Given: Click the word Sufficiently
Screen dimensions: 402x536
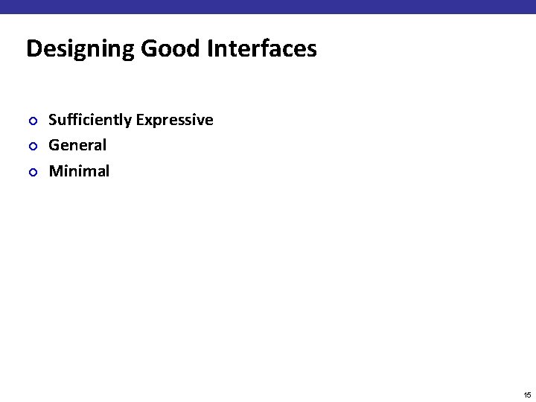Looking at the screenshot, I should [90, 120].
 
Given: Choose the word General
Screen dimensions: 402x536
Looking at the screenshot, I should [77, 145].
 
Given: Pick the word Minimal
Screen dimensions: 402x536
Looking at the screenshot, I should [79, 171].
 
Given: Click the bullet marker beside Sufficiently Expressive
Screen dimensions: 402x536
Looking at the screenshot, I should [31, 121].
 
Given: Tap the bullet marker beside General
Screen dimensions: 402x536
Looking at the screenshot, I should [31, 146].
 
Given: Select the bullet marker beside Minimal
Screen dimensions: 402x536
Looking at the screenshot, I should [31, 172].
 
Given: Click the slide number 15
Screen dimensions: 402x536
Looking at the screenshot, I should [526, 395].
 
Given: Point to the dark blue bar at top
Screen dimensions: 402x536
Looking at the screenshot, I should [268, 7].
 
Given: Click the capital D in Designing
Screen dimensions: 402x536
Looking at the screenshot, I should [33, 49].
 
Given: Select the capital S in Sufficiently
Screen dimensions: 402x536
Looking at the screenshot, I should [53, 120].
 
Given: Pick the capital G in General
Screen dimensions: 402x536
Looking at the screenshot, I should [54, 145].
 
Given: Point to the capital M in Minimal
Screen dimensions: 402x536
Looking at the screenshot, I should [55, 171].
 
